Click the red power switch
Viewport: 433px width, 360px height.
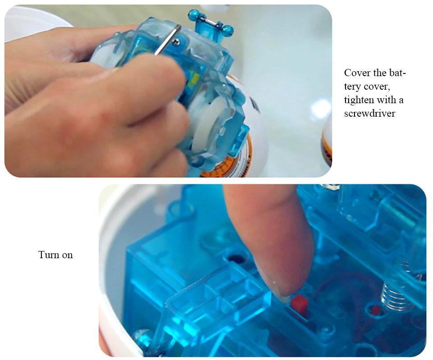click(299, 305)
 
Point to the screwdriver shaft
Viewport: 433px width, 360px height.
click(167, 40)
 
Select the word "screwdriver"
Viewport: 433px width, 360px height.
click(369, 114)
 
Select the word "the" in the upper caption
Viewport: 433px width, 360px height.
click(378, 73)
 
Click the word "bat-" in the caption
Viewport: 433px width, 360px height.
click(397, 73)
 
